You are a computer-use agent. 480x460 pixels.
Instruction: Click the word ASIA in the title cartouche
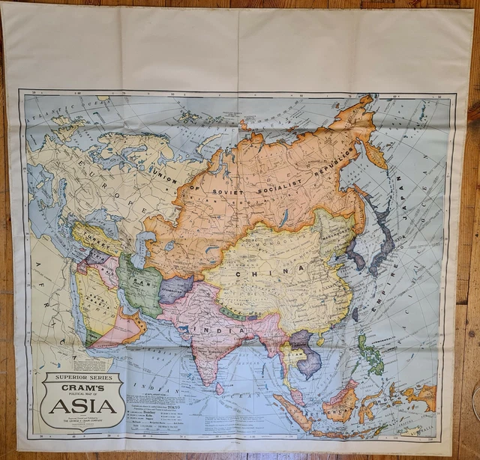pyautogui.click(x=83, y=405)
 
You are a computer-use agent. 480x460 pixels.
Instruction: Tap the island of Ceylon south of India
pyautogui.click(x=219, y=388)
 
